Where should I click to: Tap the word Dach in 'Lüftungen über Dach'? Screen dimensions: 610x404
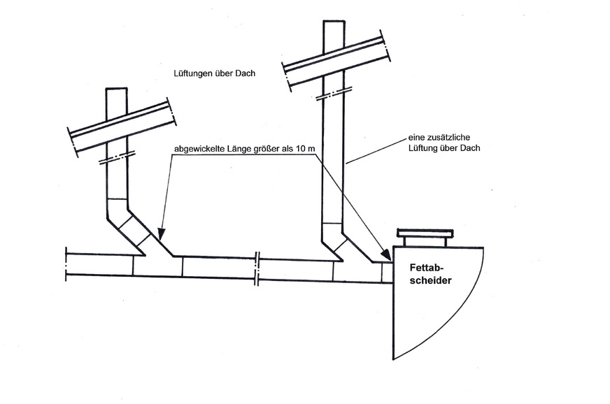pyautogui.click(x=246, y=73)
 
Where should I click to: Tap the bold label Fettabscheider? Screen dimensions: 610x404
pyautogui.click(x=431, y=274)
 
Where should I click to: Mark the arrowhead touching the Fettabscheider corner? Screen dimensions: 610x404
pyautogui.click(x=386, y=254)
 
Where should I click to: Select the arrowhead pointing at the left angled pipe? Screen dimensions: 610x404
pyautogui.click(x=161, y=233)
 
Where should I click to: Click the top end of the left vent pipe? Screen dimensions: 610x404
pyautogui.click(x=117, y=89)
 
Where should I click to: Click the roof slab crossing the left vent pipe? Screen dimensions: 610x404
pyautogui.click(x=122, y=129)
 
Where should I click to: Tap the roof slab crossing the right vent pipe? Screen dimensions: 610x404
pyautogui.click(x=336, y=61)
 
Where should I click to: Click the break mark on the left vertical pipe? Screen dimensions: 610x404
pyautogui.click(x=117, y=157)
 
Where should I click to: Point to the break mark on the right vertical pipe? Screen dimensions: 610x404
pyautogui.click(x=334, y=94)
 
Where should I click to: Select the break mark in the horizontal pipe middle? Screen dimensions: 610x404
pyautogui.click(x=257, y=268)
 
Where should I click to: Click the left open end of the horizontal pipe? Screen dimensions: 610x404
pyautogui.click(x=66, y=264)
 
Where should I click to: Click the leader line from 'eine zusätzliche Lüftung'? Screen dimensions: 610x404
pyautogui.click(x=376, y=150)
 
